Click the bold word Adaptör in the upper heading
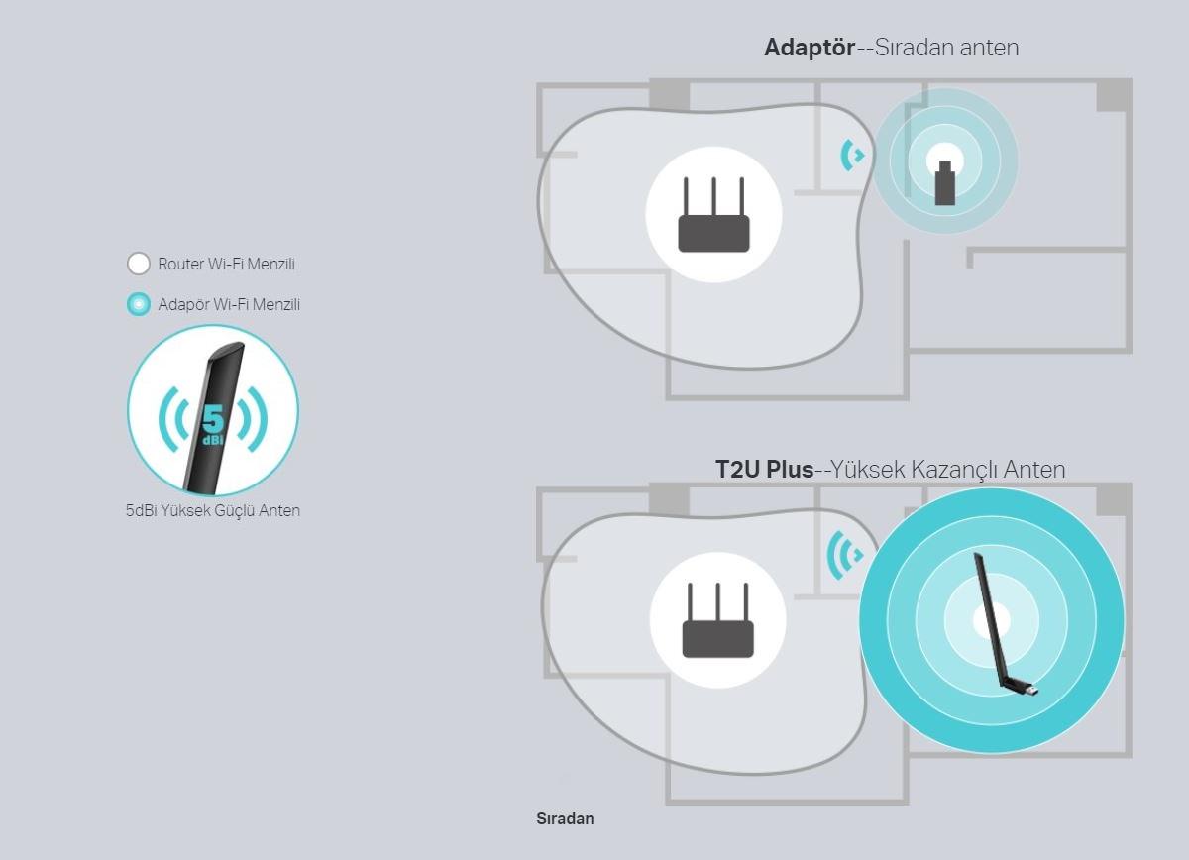pos(810,48)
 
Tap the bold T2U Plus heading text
pos(764,470)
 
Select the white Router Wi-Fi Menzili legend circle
pos(139,264)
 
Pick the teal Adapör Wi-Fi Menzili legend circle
pos(139,304)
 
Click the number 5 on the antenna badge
pos(213,419)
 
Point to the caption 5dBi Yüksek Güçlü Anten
pos(213,510)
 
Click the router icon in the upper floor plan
pos(714,214)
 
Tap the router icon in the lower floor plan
pos(717,620)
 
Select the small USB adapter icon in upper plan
pos(945,182)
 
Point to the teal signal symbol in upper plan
pos(851,156)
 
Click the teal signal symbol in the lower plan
pos(844,555)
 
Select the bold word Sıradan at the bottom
pos(565,818)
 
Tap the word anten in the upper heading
pos(990,48)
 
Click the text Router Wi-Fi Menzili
pos(226,264)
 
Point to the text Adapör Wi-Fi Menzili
pos(229,305)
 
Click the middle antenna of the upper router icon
pos(714,196)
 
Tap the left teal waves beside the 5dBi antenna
pos(172,419)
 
